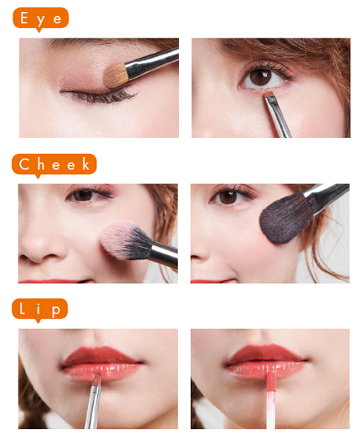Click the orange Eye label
pyautogui.click(x=41, y=18)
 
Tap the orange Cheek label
pyautogui.click(x=54, y=164)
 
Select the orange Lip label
pyautogui.click(x=40, y=309)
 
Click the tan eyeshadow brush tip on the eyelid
pyautogui.click(x=115, y=76)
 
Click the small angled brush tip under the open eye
pyautogui.click(x=269, y=95)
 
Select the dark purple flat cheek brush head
pyautogui.click(x=286, y=219)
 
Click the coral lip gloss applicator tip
pyautogui.click(x=270, y=382)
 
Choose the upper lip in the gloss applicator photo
pyautogui.click(x=265, y=353)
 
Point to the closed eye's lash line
pyautogui.click(x=101, y=95)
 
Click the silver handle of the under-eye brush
pyautogui.click(x=278, y=118)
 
